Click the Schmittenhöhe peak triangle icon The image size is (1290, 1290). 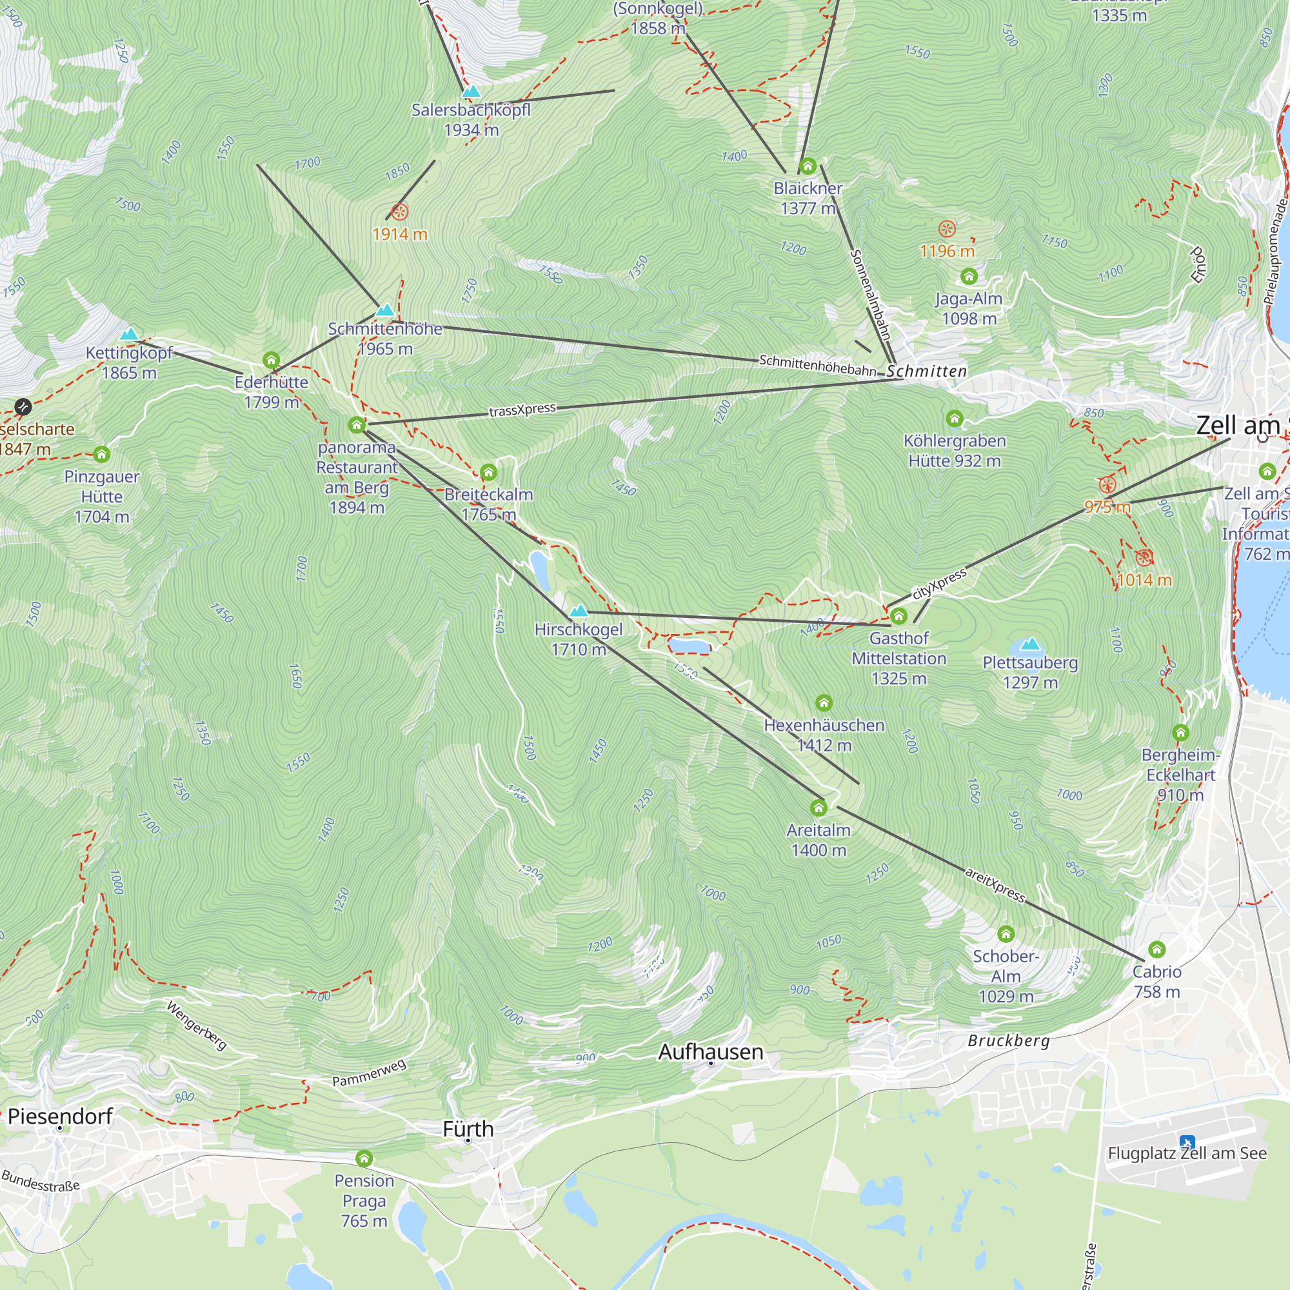point(385,310)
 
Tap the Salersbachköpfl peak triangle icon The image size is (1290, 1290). point(471,92)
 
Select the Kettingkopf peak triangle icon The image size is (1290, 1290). point(129,334)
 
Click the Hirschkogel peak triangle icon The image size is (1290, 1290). point(579,611)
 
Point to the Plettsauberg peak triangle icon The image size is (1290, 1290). point(1030,644)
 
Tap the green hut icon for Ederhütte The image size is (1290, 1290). point(271,361)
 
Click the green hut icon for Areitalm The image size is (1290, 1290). point(819,809)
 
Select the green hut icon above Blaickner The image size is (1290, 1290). point(808,166)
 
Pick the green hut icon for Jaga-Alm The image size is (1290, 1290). point(969,277)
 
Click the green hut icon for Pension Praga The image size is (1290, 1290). point(364,1158)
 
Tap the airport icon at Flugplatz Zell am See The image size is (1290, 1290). point(1187,1142)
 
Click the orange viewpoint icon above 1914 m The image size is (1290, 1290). point(399,212)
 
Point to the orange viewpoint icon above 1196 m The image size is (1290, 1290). point(947,229)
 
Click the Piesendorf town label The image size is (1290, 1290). point(60,1116)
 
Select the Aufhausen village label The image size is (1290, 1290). point(710,1052)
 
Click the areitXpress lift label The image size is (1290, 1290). point(994,886)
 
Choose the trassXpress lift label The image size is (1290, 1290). point(522,410)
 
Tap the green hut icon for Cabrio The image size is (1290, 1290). point(1157,949)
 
